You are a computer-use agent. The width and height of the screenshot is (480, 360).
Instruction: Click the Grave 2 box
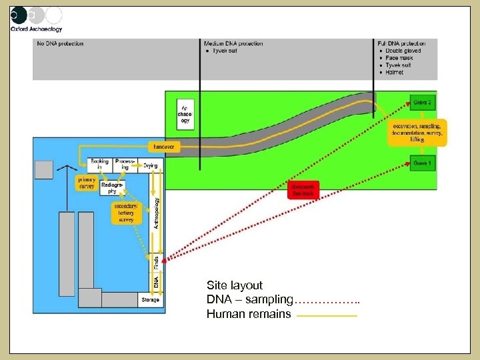pos(421,103)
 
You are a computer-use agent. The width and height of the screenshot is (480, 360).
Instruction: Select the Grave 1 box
pos(421,163)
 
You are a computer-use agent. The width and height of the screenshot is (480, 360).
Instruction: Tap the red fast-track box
pos(303,190)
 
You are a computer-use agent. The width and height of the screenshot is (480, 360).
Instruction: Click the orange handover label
pos(163,146)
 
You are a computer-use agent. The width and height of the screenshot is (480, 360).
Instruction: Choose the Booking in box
pos(99,164)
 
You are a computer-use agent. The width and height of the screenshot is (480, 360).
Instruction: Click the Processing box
pos(124,164)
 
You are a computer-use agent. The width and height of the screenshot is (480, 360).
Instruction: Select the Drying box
pos(151,165)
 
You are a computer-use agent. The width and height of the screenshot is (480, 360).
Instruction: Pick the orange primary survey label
pos(87,182)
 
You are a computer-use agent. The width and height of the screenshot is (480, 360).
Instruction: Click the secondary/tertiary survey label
pos(125,213)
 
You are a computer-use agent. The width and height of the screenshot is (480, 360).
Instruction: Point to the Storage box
pos(150,300)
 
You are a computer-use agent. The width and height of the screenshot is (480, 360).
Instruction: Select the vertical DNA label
pos(156,283)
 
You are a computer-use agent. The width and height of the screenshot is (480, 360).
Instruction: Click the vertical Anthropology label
pos(157,213)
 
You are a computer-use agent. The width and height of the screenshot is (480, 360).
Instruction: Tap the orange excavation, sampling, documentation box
pos(417,132)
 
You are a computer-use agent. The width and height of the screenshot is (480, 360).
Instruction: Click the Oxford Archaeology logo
pos(37,19)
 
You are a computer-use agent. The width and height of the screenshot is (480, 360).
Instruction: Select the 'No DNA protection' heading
pos(61,44)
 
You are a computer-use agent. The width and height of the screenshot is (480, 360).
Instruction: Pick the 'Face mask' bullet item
pos(399,58)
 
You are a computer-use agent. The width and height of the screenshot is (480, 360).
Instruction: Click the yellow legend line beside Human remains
pos(327,315)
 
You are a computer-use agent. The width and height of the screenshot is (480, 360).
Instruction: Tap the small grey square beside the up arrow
pos(44,170)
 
